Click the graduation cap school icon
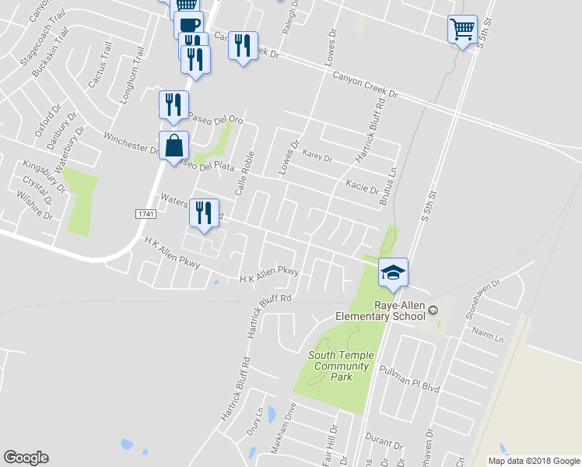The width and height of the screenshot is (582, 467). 393,272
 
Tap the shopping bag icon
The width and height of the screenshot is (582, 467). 174,145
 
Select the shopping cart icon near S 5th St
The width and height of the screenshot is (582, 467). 462,30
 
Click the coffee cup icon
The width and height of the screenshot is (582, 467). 187,23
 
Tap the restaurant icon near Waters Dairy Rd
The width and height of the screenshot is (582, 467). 204,213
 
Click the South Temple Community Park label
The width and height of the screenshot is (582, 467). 341,366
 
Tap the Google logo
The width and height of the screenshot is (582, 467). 26,458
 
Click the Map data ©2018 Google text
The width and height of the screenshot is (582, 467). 533,461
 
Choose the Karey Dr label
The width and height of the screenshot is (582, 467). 317,158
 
